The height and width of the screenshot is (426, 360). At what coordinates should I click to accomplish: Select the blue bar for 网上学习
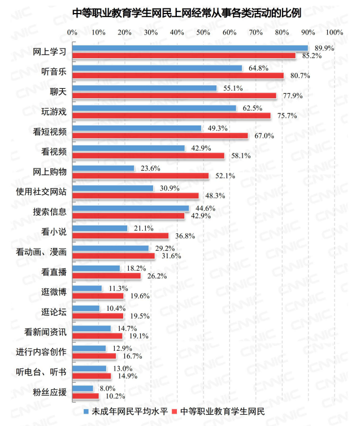tap(190, 48)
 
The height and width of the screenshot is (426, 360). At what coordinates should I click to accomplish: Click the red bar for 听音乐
tap(178, 76)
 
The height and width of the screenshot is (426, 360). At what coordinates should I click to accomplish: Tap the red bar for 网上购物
tap(141, 176)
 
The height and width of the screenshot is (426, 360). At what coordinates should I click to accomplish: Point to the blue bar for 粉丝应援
tap(83, 388)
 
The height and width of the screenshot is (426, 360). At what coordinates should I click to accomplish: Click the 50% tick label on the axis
tap(203, 32)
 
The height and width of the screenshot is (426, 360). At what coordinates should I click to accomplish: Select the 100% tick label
tap(334, 32)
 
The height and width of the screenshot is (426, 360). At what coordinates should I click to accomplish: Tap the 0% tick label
tap(72, 32)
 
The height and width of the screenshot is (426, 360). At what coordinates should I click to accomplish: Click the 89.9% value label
tap(324, 49)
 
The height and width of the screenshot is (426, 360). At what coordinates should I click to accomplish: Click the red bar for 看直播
tap(106, 276)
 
